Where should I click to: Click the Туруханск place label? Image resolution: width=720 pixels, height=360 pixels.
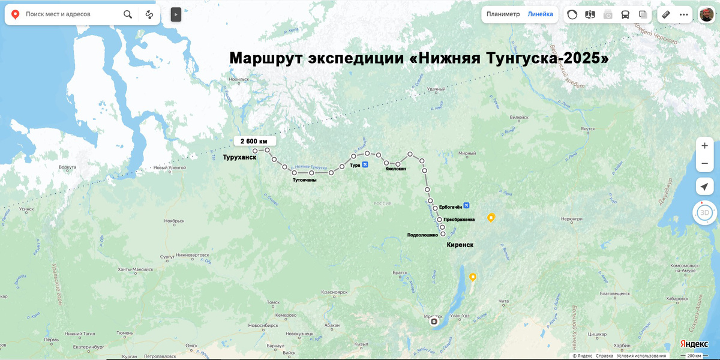(x=239, y=157)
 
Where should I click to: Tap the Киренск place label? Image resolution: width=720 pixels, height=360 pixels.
(x=460, y=245)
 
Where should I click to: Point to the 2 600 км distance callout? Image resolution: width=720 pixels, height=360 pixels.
(x=254, y=141)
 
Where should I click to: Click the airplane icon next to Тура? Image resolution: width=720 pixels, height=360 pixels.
(x=365, y=165)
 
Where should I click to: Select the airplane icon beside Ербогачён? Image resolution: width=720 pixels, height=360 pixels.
(x=466, y=206)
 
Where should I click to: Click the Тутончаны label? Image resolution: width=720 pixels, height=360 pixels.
(x=304, y=179)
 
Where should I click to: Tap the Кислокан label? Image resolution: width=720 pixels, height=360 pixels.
(x=396, y=169)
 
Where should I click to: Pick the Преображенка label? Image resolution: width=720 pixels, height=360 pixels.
(x=459, y=220)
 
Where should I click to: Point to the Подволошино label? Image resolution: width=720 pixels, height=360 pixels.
(x=422, y=235)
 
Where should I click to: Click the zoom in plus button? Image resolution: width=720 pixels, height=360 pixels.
(x=704, y=146)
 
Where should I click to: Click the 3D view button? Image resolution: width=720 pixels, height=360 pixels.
(x=705, y=213)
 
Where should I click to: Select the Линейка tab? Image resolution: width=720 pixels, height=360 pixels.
(x=540, y=14)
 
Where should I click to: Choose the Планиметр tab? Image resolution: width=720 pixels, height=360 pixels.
(x=503, y=14)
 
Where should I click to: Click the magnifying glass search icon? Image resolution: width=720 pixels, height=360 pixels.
(x=128, y=14)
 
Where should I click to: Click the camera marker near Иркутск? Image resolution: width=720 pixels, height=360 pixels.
(x=434, y=322)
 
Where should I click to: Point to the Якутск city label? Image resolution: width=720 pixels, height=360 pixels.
(x=587, y=129)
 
